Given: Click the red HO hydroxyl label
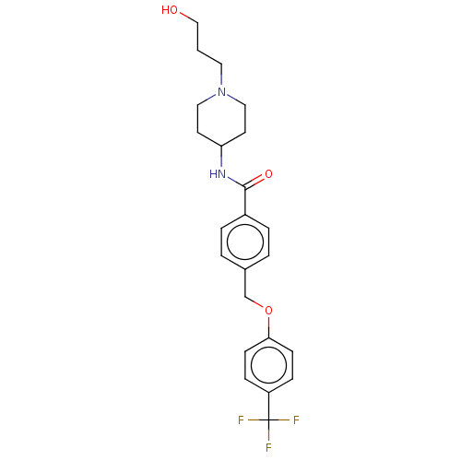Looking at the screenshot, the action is coord(170,10).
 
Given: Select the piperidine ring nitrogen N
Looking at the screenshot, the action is coord(221,92).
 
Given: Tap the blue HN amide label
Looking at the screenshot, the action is coord(218,174).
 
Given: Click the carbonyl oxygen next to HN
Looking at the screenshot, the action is coord(268,174).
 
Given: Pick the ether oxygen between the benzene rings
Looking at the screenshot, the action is coord(268,311).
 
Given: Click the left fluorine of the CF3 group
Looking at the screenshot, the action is coord(241,420).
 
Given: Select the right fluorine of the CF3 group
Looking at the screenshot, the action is coord(296,420).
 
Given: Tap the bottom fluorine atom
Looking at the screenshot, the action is coord(268,447).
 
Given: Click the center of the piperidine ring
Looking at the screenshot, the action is coord(221,119).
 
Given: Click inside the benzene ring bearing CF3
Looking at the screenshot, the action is coord(268,365).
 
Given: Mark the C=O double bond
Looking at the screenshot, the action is coord(254,182).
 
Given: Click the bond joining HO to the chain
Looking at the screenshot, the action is coord(188,18).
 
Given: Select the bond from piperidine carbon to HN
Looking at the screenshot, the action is coord(221,156).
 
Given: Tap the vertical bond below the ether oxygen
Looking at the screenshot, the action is coord(268,327).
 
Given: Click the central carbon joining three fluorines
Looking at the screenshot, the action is coord(268,420).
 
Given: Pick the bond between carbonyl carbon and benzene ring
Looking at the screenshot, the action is coord(245,201).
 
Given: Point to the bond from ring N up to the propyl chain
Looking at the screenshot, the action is coord(221,76).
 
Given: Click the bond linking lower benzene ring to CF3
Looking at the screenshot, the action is coord(268,407).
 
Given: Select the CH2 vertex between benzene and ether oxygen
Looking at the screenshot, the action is coord(245,297).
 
